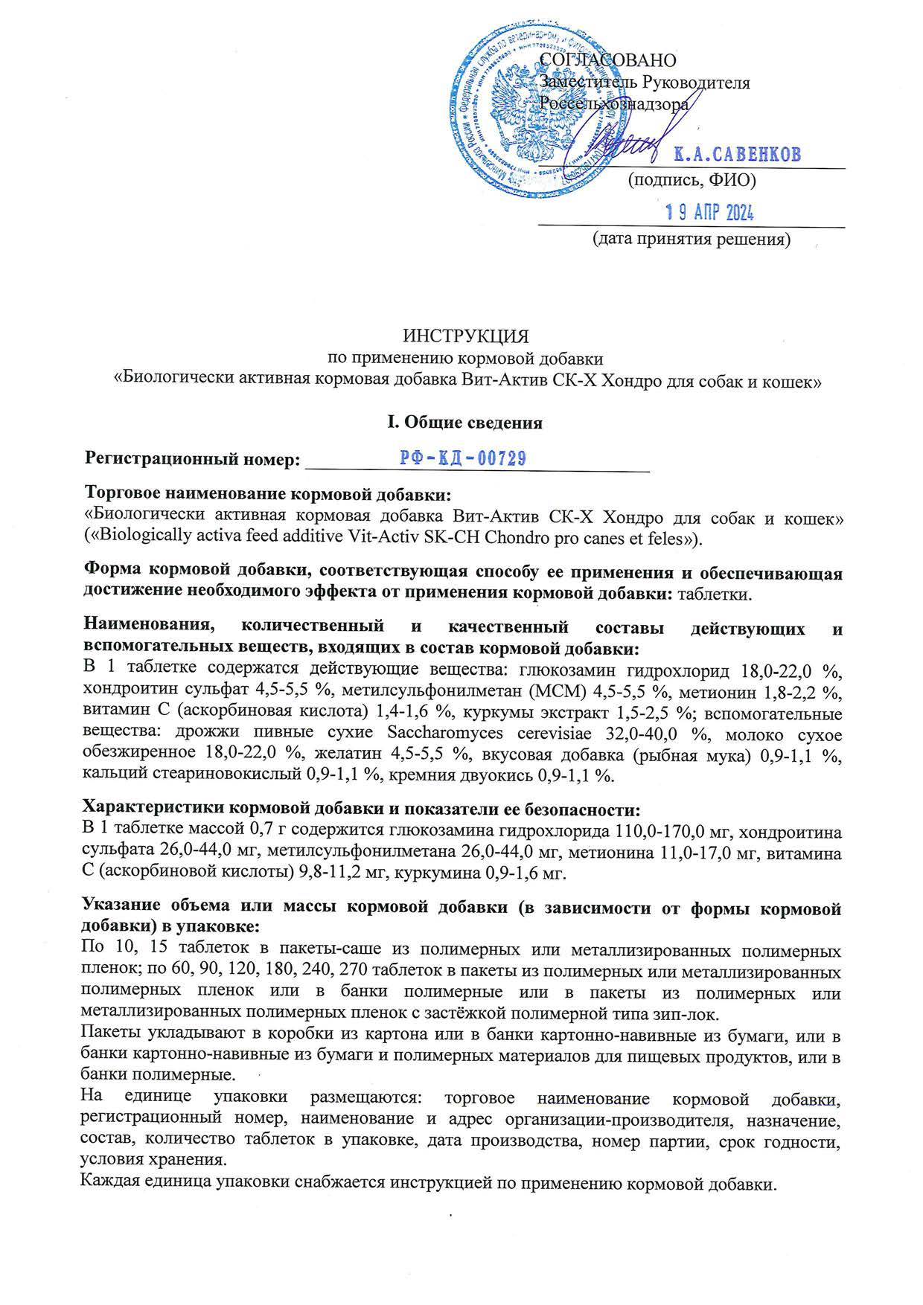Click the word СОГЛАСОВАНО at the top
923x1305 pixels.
tap(608, 60)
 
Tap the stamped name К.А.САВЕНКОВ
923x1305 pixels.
tap(737, 155)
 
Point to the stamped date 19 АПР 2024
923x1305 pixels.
tap(709, 214)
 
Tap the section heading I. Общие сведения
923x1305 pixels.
tap(461, 423)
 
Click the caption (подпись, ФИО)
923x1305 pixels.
tap(692, 179)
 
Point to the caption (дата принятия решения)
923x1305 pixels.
tap(691, 240)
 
